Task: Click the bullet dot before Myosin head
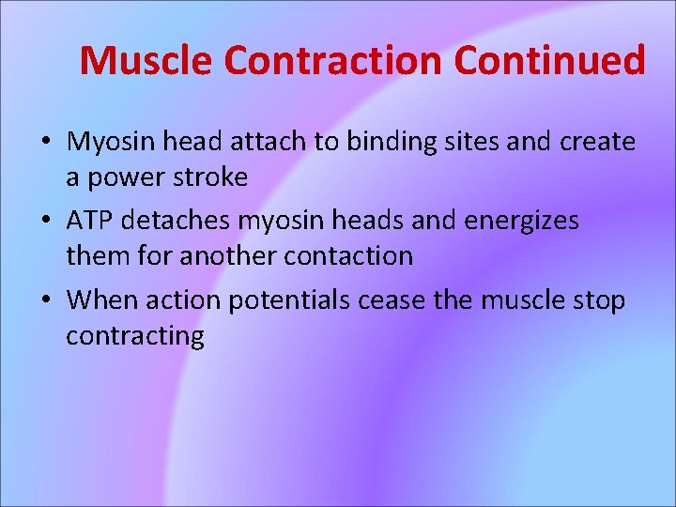coord(45,144)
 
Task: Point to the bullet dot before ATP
coord(45,222)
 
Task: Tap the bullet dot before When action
coord(45,300)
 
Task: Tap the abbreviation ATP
coord(90,221)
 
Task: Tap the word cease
coord(405,300)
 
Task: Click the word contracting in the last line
coord(134,335)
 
